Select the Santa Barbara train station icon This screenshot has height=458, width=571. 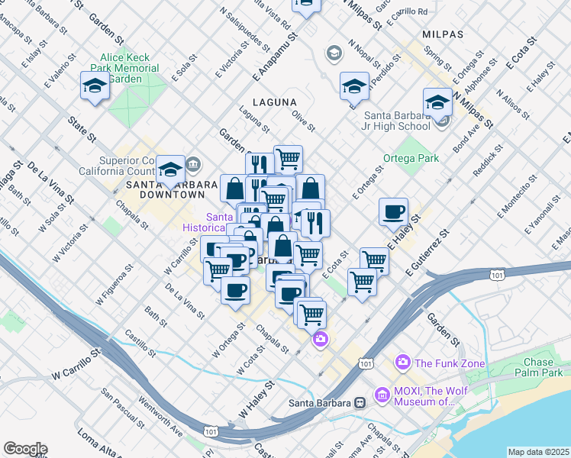pyautogui.click(x=358, y=402)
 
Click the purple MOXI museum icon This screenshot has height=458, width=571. pyautogui.click(x=382, y=396)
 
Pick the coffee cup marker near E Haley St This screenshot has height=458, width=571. pyautogui.click(x=393, y=211)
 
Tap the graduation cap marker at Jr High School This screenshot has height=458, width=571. pyautogui.click(x=437, y=102)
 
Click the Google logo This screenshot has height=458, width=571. pyautogui.click(x=24, y=449)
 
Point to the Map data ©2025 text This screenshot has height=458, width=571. pyautogui.click(x=538, y=452)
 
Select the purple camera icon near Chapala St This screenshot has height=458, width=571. pyautogui.click(x=321, y=338)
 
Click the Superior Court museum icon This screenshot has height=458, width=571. pyautogui.click(x=192, y=163)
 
